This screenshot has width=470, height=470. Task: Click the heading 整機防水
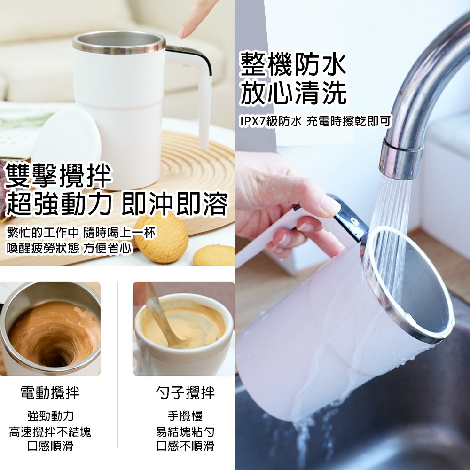[x=293, y=64]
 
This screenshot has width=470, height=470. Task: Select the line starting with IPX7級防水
[x=316, y=121]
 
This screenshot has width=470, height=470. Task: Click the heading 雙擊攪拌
[x=58, y=176]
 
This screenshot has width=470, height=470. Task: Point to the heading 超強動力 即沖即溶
[x=117, y=204]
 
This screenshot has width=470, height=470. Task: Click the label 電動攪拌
[x=50, y=392]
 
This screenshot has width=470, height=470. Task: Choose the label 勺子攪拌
[x=186, y=392]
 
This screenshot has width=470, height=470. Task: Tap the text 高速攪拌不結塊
[x=50, y=432]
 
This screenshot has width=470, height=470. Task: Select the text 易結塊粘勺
[x=185, y=432]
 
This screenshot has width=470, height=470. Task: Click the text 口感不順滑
[x=185, y=446]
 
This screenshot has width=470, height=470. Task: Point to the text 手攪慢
[x=185, y=416]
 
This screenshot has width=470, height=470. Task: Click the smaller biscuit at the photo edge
[x=214, y=255]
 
